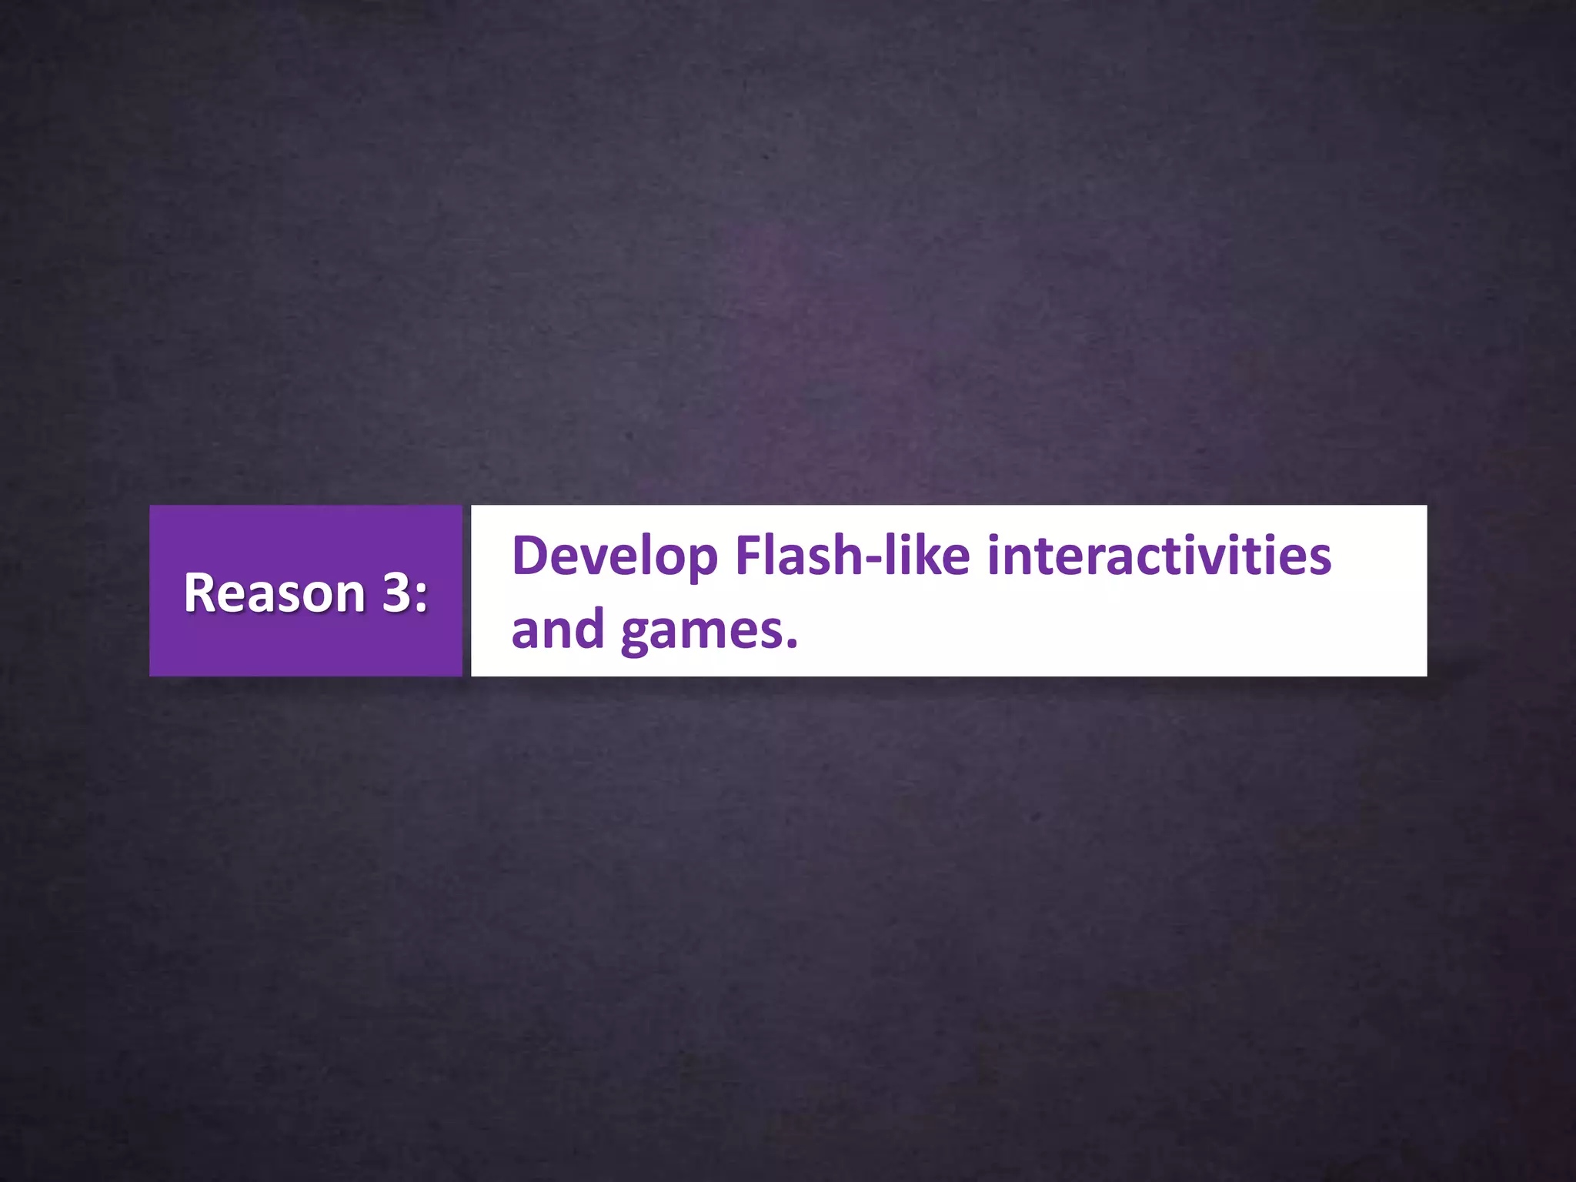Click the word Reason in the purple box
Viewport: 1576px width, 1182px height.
274,593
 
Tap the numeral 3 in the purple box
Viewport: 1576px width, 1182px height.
396,593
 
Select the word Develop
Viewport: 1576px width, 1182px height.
614,556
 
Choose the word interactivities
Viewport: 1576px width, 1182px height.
1159,555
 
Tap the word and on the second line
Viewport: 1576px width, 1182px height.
558,629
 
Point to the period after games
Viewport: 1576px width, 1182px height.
793,645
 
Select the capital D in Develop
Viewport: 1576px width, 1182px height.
529,555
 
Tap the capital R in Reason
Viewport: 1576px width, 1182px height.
199,593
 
